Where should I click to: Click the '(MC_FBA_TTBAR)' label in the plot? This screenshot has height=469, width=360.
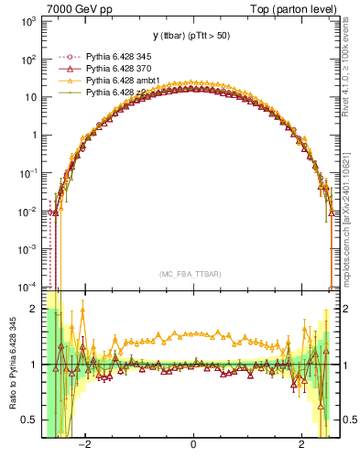192,274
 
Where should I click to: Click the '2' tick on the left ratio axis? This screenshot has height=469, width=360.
32,309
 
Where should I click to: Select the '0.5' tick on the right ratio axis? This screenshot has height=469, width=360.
347,420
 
